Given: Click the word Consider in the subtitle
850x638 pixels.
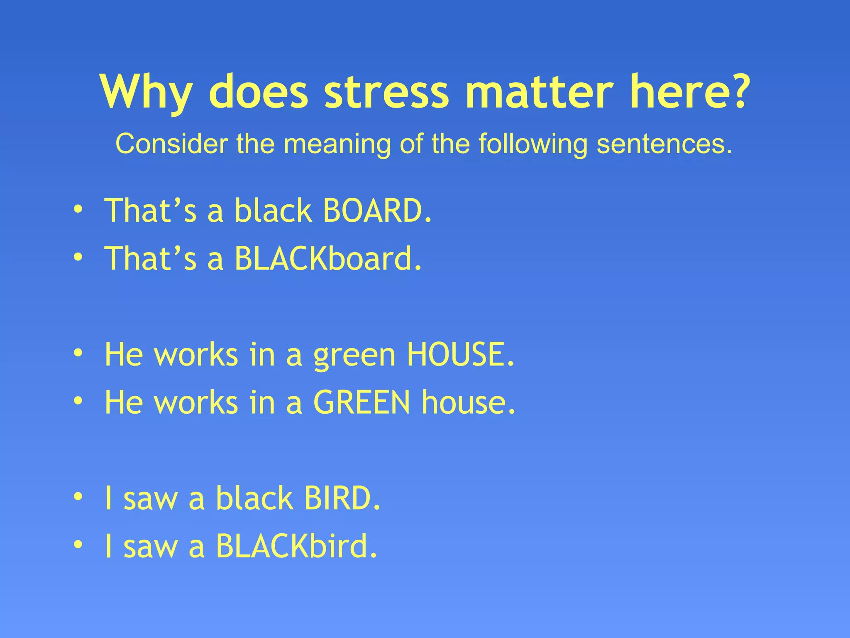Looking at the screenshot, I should click(171, 144).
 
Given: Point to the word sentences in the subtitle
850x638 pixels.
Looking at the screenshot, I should click(664, 144).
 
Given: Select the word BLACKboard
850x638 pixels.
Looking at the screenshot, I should click(328, 258).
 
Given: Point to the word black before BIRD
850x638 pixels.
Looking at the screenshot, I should click(254, 498).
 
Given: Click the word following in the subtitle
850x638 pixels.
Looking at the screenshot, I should click(532, 144).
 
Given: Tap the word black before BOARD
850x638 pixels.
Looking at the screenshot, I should click(273, 211).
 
